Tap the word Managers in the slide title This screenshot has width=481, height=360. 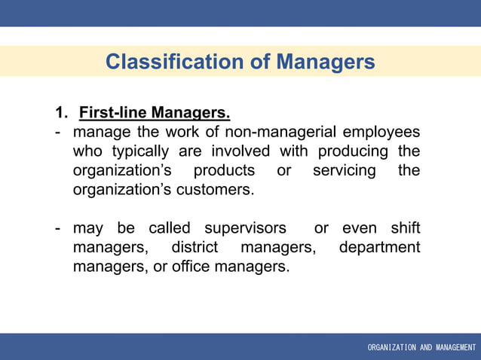(325, 62)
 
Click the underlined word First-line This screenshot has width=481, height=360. (113, 114)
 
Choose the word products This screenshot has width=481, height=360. (225, 171)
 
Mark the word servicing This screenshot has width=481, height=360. (344, 171)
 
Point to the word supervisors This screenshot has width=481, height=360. (246, 228)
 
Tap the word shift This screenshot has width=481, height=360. (405, 228)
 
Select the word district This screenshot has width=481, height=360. (195, 247)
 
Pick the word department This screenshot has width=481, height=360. (380, 247)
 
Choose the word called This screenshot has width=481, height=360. (170, 228)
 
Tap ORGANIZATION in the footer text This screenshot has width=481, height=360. (391, 348)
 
